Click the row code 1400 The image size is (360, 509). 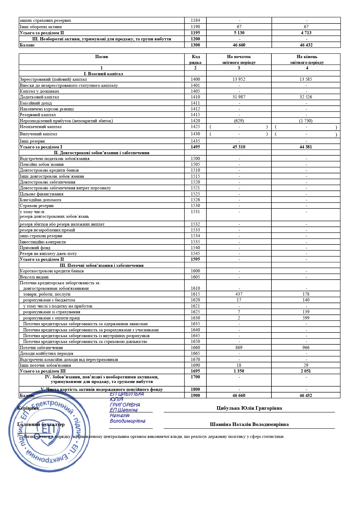[195, 79]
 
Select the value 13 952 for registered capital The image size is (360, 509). [239, 79]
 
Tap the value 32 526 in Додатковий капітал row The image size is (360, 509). [306, 97]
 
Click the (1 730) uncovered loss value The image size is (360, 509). [306, 121]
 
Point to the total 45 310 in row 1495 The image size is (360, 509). [239, 147]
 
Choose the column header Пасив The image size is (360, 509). [101, 57]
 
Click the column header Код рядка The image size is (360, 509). [195, 60]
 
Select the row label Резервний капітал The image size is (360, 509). [38, 115]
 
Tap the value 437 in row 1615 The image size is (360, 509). [239, 294]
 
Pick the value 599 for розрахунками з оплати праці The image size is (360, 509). [306, 318]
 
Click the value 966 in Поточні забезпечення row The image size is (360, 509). [306, 348]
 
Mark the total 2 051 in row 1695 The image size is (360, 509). [306, 371]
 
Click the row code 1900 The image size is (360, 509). [195, 395]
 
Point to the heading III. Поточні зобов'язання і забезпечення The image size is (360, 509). [101, 265]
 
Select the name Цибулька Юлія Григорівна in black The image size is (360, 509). [249, 408]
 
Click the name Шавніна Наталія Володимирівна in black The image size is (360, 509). [249, 425]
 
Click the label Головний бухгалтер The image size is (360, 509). [41, 425]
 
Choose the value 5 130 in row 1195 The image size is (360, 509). [239, 33]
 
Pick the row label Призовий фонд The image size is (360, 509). [35, 248]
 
